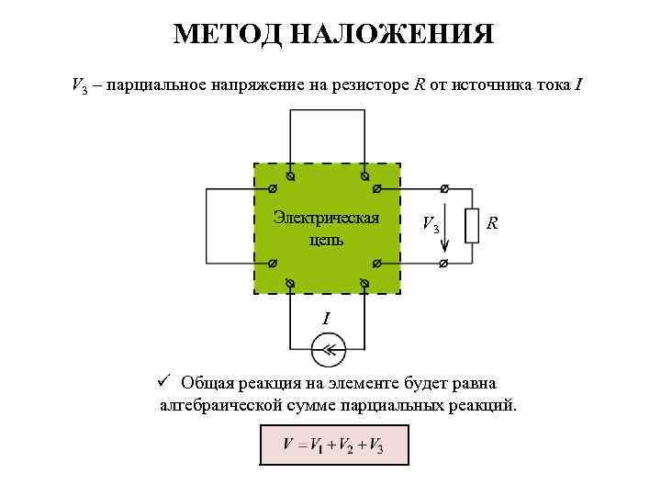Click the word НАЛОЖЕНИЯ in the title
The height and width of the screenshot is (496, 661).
click(392, 35)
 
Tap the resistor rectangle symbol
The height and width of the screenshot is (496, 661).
click(473, 225)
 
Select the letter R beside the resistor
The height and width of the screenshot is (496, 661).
click(493, 222)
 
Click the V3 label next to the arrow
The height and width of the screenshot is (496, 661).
click(430, 224)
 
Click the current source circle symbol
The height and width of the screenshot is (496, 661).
click(327, 350)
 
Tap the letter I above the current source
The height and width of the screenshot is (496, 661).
click(326, 319)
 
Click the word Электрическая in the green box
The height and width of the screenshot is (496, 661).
click(327, 218)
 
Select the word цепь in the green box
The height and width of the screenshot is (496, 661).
click(326, 240)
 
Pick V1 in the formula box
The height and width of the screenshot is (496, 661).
click(317, 445)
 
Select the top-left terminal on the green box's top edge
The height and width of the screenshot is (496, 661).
click(290, 175)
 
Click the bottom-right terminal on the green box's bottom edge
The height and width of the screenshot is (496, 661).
click(364, 281)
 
